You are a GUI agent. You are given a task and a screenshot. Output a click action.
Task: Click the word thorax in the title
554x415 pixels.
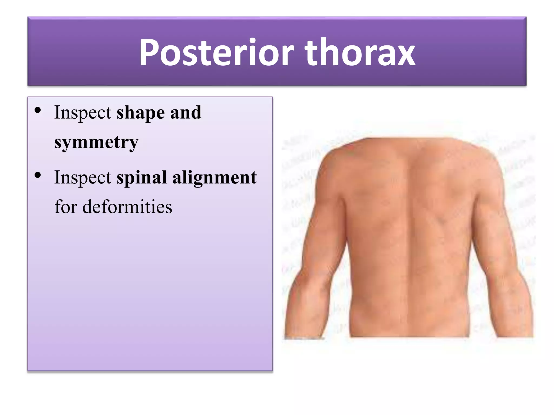click(x=360, y=53)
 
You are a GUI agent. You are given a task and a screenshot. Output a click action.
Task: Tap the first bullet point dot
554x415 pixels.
click(x=38, y=110)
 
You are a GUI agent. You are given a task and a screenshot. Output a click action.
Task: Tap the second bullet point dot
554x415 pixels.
click(x=38, y=175)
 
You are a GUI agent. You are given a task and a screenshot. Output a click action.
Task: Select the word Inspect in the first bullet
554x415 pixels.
click(x=83, y=113)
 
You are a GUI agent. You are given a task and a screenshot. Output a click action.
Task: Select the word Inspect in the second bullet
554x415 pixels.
click(x=83, y=178)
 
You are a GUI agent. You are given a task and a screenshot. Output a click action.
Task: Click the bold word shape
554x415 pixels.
click(x=140, y=113)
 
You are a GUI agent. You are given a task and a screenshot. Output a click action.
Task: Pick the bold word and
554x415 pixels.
click(x=186, y=112)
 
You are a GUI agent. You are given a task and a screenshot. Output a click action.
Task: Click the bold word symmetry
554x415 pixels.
click(x=96, y=143)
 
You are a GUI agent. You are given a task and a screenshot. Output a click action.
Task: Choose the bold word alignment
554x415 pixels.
click(x=215, y=178)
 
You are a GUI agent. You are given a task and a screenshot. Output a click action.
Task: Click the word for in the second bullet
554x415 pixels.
click(x=66, y=207)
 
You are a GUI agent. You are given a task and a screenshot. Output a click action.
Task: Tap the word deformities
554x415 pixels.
click(x=127, y=207)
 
